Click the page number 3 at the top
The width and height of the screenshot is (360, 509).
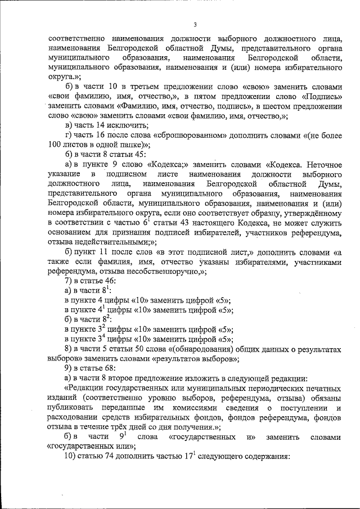[195, 24]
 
